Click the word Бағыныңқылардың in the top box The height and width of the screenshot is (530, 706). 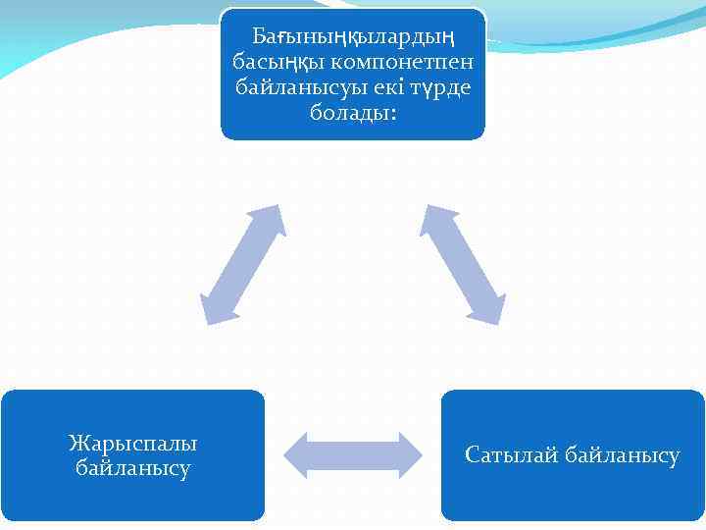tap(353, 37)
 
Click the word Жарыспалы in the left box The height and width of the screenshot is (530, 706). tap(132, 443)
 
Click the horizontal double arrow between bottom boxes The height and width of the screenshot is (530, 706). tap(353, 454)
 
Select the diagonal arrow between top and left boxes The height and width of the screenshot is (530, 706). tap(241, 264)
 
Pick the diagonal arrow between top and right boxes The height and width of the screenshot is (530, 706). tap(463, 264)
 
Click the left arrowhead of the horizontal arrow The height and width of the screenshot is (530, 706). tap(297, 454)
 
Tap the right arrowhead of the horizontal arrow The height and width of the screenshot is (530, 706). tap(409, 454)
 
